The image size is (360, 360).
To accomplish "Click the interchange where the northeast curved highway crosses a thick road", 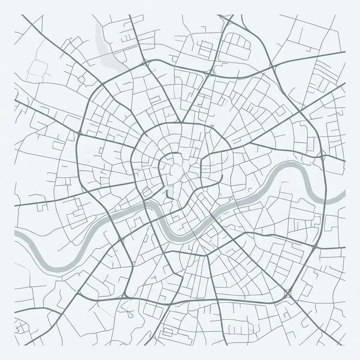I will [x=274, y=67].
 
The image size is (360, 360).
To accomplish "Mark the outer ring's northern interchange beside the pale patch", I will [x=147, y=62].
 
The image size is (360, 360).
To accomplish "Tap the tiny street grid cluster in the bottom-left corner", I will [x=22, y=326].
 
